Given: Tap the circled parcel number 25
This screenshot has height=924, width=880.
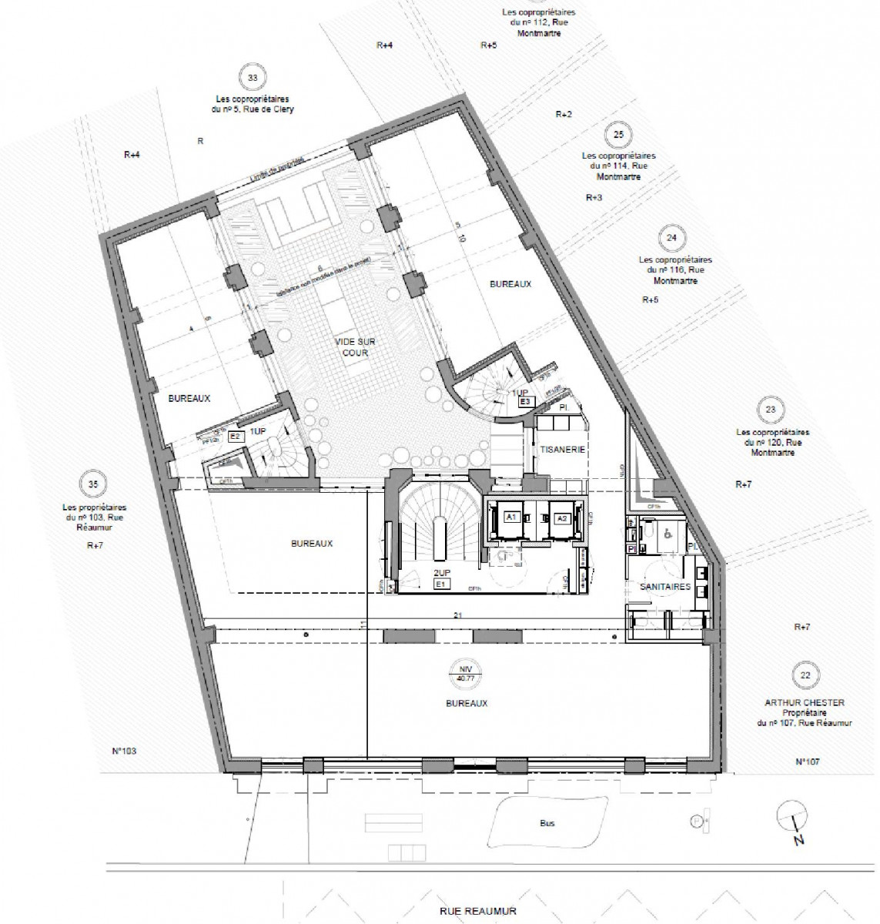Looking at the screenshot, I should point(617,135).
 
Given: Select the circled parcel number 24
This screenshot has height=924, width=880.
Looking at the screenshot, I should point(671,238).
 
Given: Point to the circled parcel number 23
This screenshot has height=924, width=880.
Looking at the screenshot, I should point(771,410).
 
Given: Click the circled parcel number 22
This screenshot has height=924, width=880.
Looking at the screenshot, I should point(805,676).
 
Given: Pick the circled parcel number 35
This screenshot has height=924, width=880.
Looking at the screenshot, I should point(93,484).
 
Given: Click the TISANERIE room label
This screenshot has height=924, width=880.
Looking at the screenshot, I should point(564,450).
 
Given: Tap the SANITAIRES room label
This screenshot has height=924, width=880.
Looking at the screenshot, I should point(665,587).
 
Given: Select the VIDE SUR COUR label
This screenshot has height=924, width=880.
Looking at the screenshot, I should point(351,347).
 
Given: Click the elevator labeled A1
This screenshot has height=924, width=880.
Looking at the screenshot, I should point(510,518).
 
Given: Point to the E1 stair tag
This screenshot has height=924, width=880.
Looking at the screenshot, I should point(442,585).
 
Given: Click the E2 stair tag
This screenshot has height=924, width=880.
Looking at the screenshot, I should point(236,436).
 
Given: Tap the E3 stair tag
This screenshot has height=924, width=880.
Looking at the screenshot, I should point(526,401).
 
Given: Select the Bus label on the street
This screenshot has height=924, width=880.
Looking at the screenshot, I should point(547,823).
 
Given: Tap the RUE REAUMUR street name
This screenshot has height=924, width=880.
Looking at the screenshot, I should point(477,911).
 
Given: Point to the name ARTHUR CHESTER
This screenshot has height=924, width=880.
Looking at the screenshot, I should point(804,702).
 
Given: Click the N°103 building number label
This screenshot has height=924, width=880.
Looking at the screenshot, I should point(123,751).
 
